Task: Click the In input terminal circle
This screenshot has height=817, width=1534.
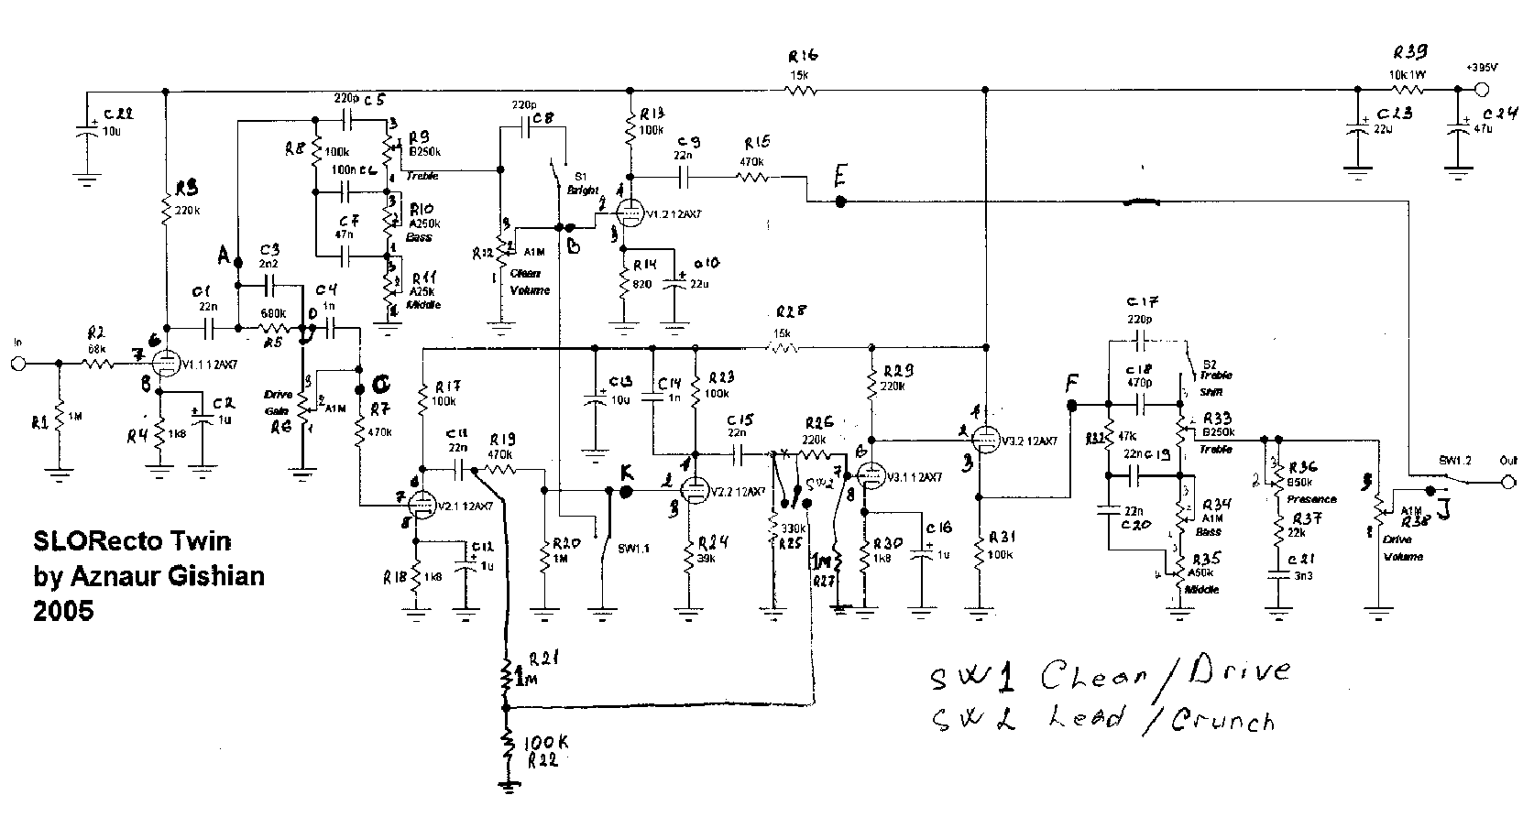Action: tap(17, 364)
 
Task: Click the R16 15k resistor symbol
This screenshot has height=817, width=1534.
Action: tap(799, 91)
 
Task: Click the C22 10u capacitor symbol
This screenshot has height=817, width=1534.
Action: tap(87, 131)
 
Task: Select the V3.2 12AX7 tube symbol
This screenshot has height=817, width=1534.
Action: tap(984, 439)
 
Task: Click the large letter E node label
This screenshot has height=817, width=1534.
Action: tap(839, 177)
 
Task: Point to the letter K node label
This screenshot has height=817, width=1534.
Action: tap(627, 472)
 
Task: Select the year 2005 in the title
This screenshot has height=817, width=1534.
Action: tap(63, 610)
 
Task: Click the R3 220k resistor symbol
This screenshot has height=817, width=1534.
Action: tap(166, 212)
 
